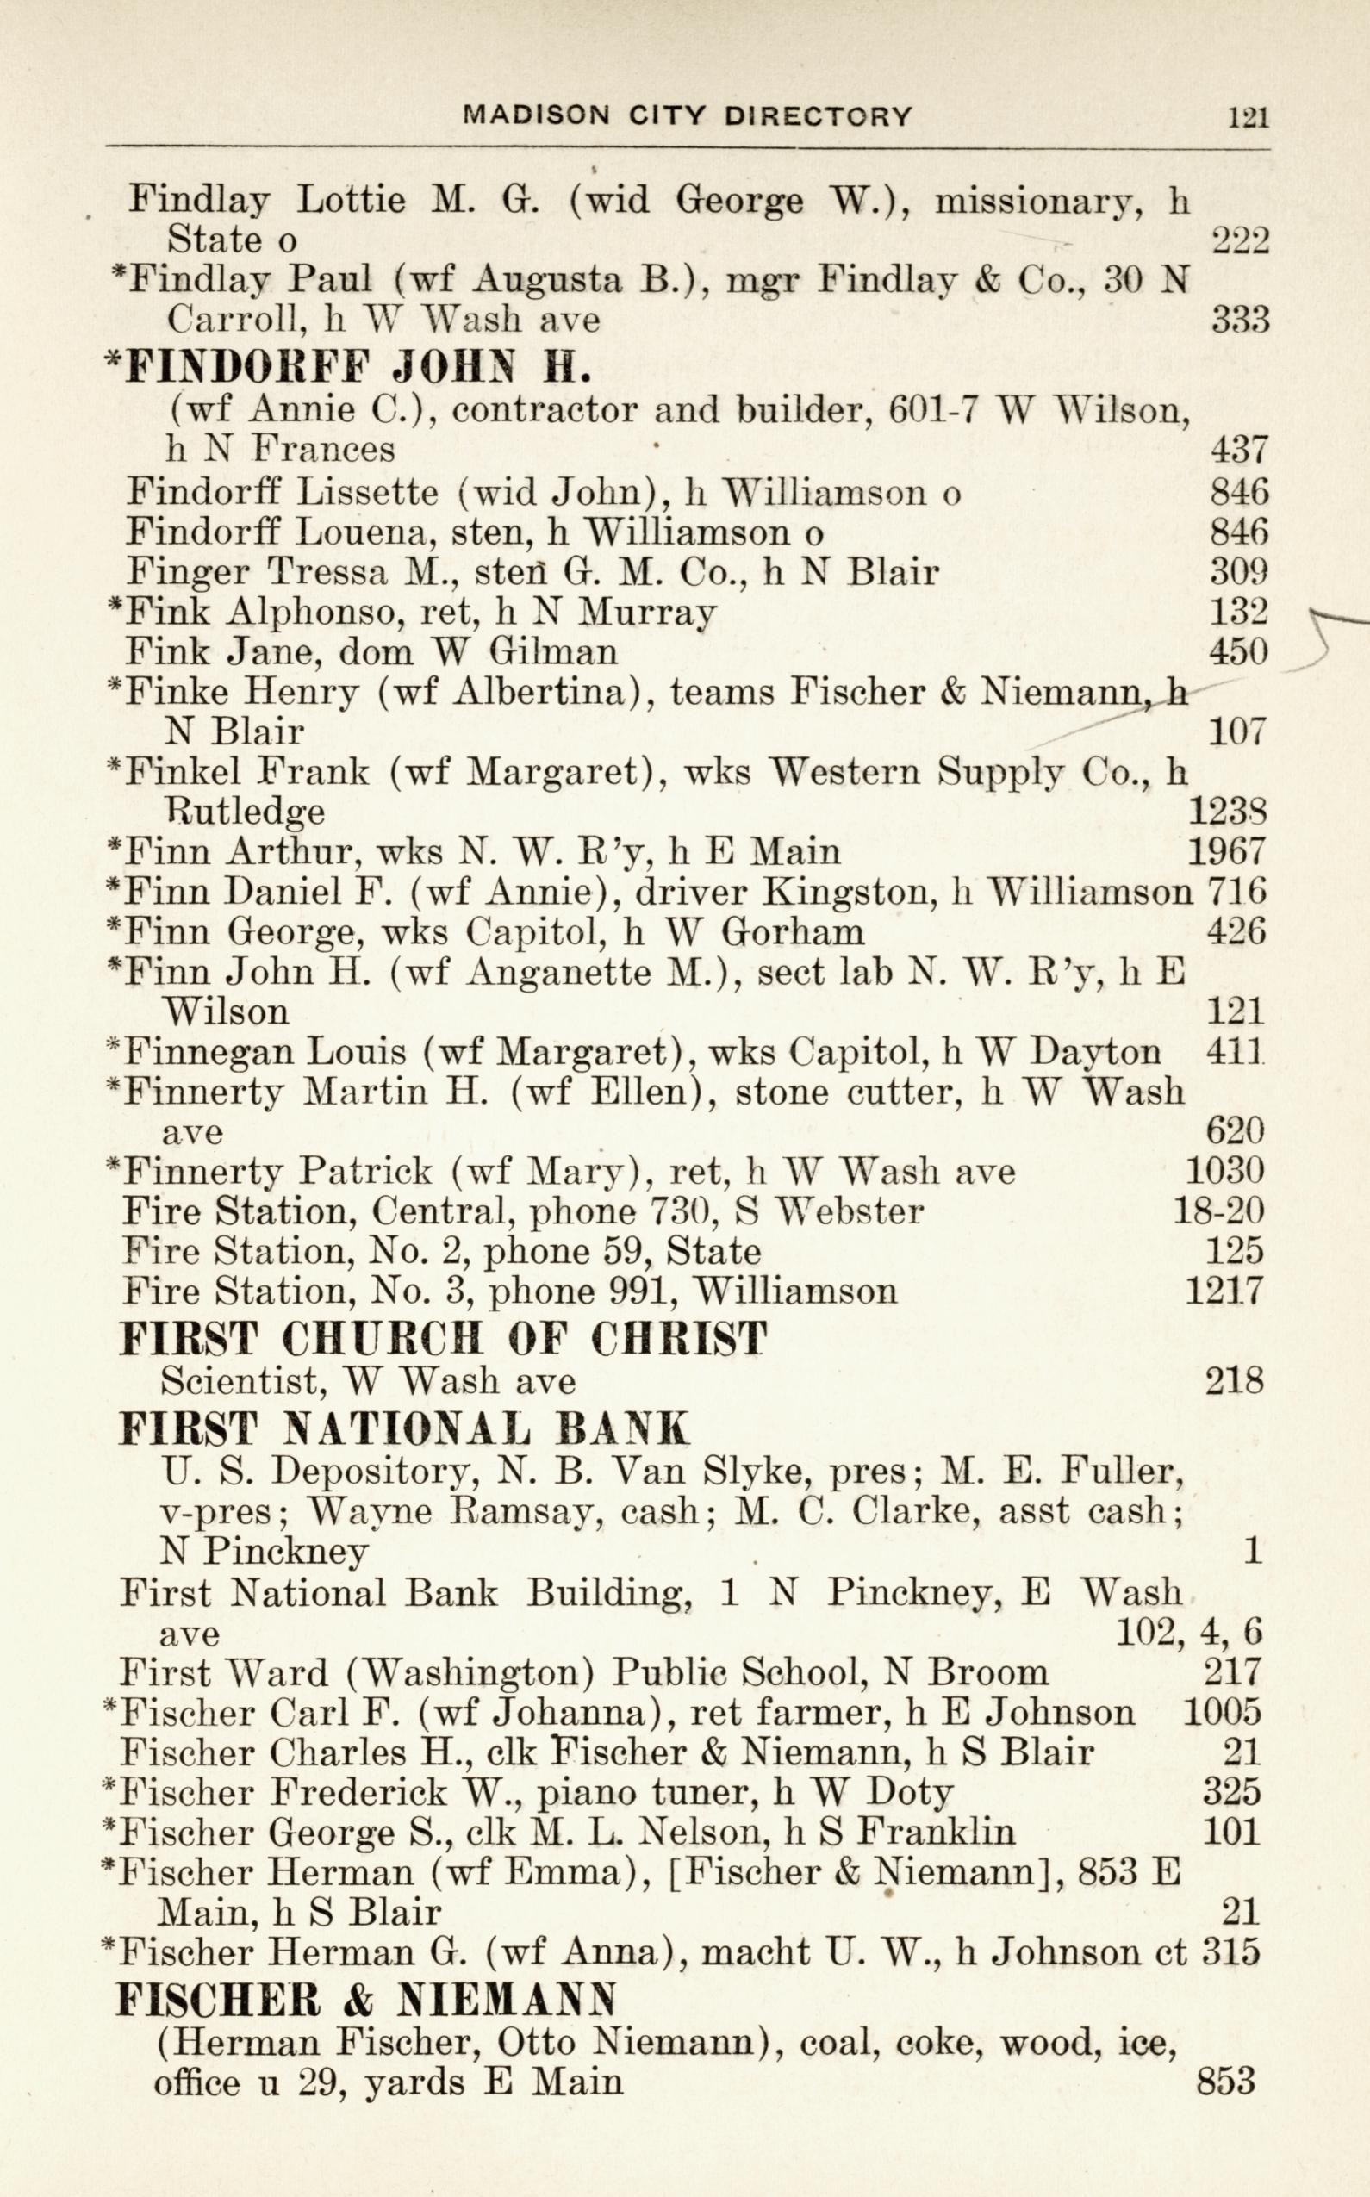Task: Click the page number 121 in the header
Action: tap(1247, 117)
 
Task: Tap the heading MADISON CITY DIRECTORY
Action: tap(687, 116)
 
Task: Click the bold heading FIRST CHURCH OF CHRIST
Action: tap(444, 1339)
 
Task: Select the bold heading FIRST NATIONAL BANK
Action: tap(404, 1428)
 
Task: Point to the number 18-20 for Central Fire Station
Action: tap(1217, 1211)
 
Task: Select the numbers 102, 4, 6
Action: tap(1188, 1633)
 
